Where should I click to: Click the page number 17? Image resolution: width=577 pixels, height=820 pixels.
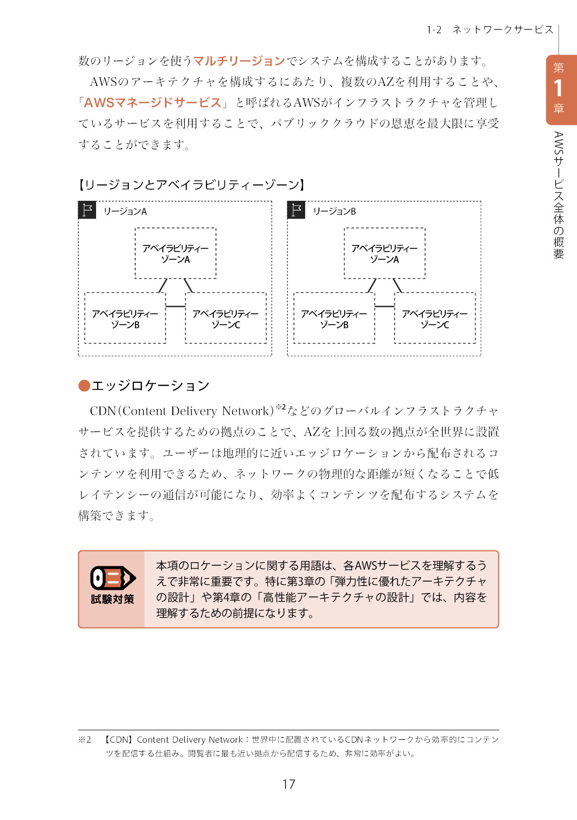(288, 784)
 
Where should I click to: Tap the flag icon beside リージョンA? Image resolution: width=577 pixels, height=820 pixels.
(87, 210)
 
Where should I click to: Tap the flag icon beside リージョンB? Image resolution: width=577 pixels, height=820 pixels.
(296, 210)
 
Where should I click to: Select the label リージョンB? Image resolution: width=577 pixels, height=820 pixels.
(334, 211)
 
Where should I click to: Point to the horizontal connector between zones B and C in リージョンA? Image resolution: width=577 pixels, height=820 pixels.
(175, 306)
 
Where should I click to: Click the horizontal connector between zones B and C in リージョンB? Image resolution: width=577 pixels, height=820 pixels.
(385, 306)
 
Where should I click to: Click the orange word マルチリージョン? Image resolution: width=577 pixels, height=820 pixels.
(239, 61)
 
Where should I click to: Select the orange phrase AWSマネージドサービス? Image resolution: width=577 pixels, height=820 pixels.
(153, 103)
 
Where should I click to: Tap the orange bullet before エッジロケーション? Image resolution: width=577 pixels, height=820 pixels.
(84, 386)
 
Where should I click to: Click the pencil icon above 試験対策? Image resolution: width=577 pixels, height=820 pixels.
(112, 578)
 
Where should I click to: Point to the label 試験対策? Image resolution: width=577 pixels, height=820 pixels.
(112, 599)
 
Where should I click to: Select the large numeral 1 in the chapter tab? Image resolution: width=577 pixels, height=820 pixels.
(558, 88)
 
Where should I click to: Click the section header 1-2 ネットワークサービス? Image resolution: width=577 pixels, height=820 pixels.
(490, 30)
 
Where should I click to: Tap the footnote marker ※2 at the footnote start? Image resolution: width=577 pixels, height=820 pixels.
(85, 740)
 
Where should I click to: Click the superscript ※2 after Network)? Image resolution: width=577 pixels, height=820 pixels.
(280, 407)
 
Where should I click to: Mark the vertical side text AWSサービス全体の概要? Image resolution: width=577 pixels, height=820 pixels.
(558, 195)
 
